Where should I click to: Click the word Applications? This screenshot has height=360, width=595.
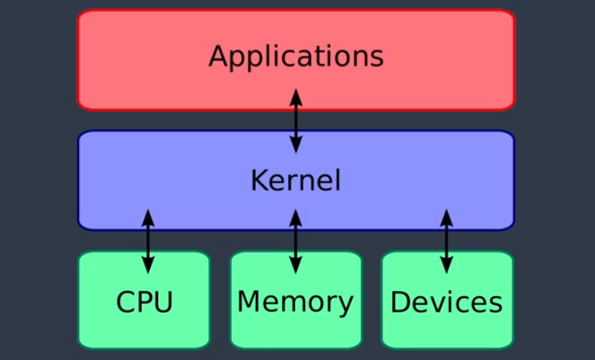pyautogui.click(x=296, y=57)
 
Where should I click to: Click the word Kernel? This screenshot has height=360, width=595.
pyautogui.click(x=295, y=180)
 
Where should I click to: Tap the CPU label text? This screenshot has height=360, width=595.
pyautogui.click(x=144, y=302)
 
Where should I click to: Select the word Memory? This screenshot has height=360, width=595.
pyautogui.click(x=295, y=302)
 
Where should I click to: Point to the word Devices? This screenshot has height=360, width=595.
pyautogui.click(x=446, y=302)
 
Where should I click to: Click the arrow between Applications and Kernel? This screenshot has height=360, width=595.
pyautogui.click(x=296, y=119)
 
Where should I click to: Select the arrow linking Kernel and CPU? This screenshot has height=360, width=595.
pyautogui.click(x=148, y=241)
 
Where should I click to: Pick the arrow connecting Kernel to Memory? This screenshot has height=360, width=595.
pyautogui.click(x=296, y=241)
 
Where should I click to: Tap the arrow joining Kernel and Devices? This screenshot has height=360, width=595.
pyautogui.click(x=446, y=241)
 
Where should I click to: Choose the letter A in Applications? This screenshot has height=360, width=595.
pyautogui.click(x=218, y=57)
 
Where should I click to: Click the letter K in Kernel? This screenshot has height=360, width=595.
pyautogui.click(x=258, y=180)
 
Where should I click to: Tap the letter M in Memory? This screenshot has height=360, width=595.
pyautogui.click(x=249, y=302)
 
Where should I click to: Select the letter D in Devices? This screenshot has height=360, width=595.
pyautogui.click(x=400, y=302)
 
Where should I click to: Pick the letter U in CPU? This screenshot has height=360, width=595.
pyautogui.click(x=162, y=302)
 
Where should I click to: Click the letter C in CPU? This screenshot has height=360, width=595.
pyautogui.click(x=126, y=302)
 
